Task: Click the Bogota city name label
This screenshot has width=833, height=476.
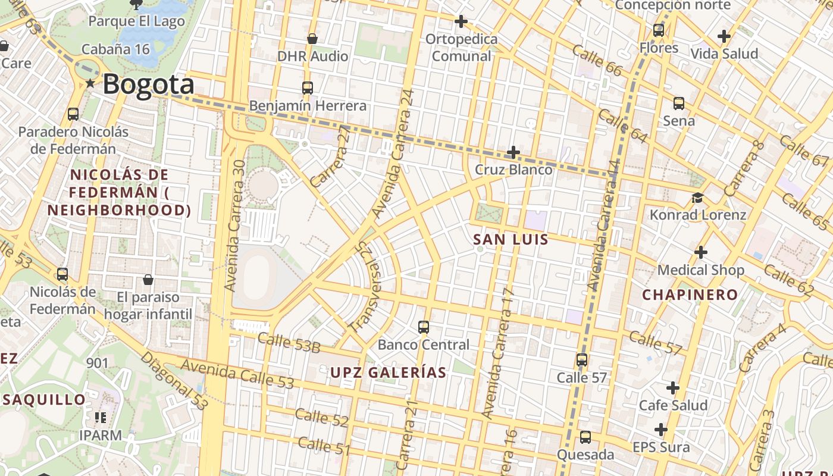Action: [149, 84]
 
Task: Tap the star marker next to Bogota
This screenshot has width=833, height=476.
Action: [90, 83]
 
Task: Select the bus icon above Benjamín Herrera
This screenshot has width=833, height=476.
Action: [308, 88]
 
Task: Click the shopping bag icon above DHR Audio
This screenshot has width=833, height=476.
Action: [312, 39]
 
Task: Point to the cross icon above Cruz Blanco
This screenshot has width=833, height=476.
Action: [513, 152]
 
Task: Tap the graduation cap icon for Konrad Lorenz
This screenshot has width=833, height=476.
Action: [697, 198]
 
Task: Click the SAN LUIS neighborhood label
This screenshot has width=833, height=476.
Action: [511, 239]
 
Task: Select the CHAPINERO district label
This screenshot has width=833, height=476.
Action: [690, 295]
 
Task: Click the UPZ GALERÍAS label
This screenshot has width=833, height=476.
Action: [388, 372]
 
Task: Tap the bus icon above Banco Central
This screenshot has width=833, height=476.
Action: [424, 327]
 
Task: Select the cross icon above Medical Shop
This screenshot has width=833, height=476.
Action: [700, 252]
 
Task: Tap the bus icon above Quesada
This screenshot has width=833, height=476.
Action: [585, 437]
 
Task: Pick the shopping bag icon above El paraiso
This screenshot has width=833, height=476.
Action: [148, 279]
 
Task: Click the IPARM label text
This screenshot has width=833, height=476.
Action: [101, 435]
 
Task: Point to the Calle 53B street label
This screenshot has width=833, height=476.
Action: [289, 343]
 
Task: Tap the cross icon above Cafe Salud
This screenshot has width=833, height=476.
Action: [673, 388]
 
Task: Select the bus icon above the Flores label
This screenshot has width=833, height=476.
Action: [659, 30]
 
